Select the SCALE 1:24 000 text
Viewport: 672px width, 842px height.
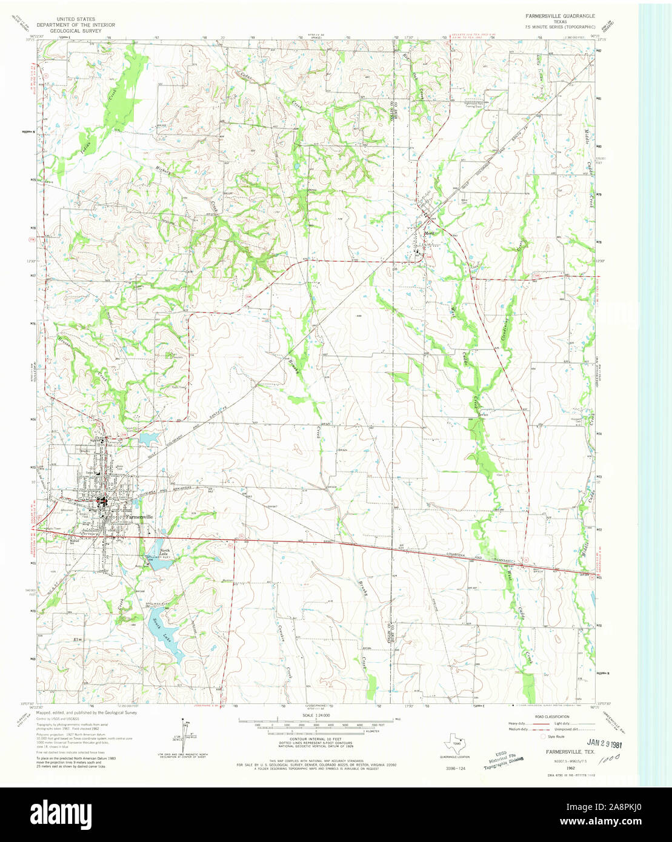[314, 715]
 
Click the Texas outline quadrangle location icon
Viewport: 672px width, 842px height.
[455, 741]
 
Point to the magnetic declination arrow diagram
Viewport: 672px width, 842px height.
[182, 732]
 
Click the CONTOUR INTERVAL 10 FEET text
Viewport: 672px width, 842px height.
[314, 740]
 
